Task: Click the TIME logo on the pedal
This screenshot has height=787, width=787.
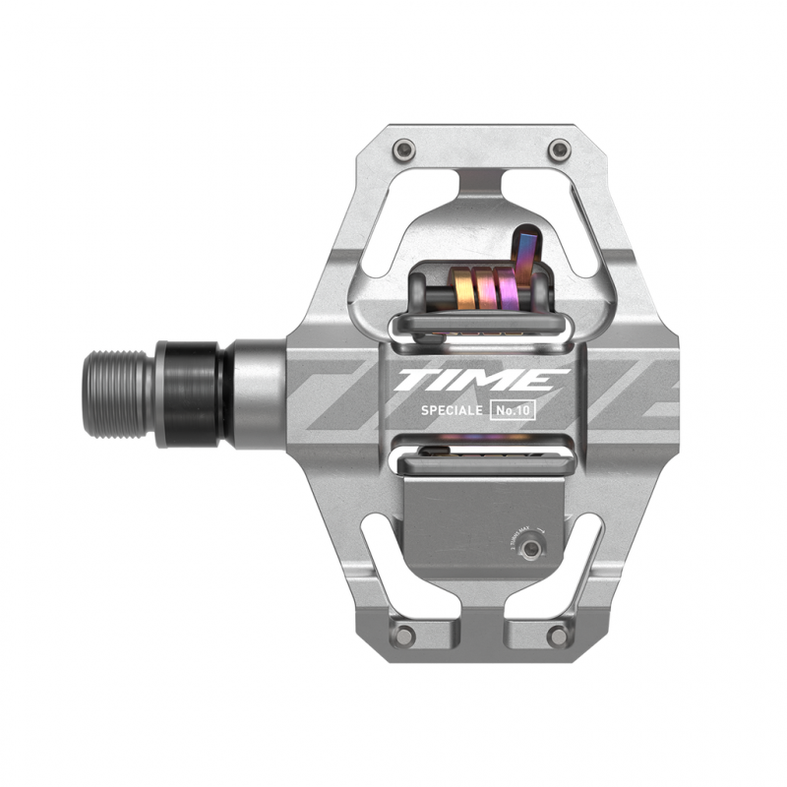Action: point(483,380)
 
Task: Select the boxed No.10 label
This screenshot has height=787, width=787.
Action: point(512,411)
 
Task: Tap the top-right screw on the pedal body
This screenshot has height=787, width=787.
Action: point(559,150)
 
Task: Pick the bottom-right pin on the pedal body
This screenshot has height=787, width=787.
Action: point(560,634)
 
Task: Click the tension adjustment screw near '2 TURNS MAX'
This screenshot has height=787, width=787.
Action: point(531,549)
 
